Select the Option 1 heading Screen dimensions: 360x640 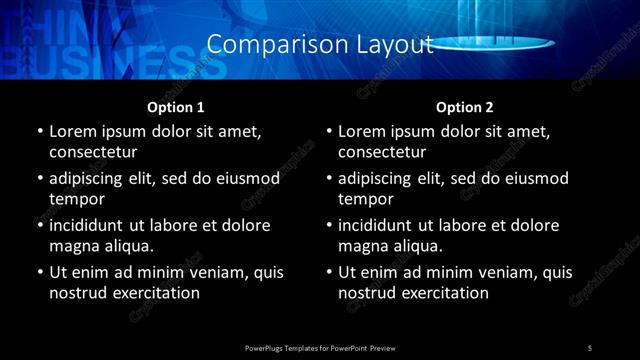[175, 106]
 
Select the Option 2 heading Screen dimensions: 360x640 [464, 106]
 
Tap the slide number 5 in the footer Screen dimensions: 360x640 [590, 348]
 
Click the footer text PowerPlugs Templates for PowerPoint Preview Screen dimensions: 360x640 [320, 348]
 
